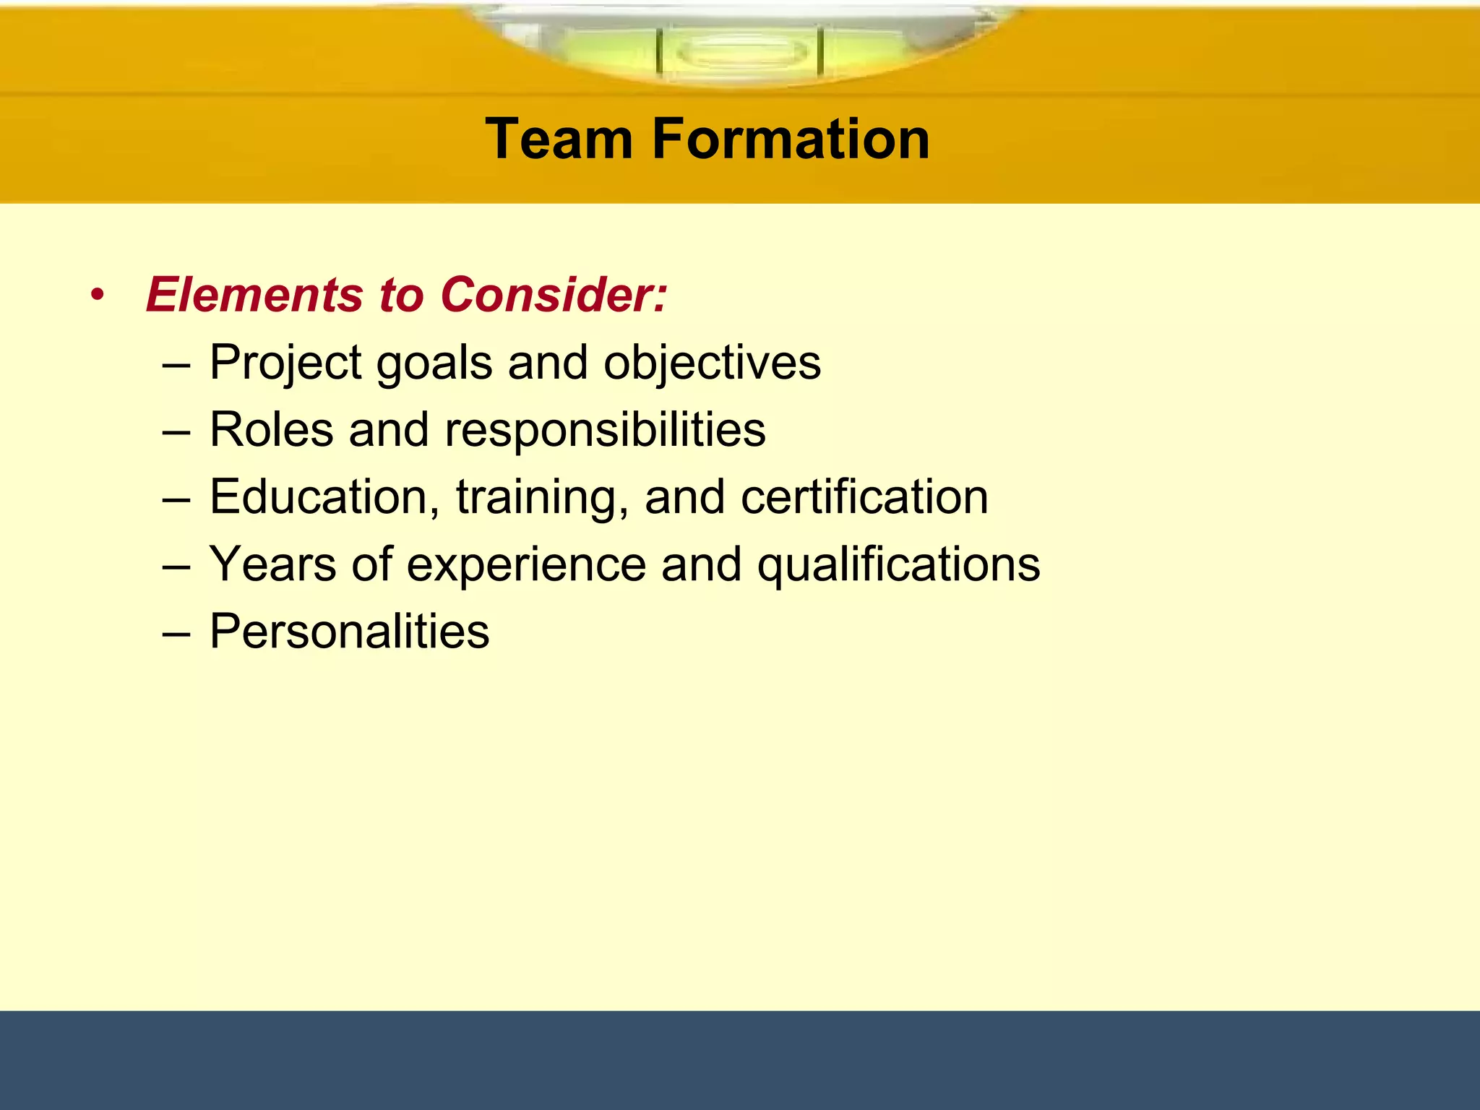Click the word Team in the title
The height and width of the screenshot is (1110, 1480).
coord(559,139)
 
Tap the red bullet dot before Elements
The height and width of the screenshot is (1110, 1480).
coord(98,296)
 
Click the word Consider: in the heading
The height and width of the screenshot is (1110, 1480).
coord(554,295)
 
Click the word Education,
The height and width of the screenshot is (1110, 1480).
coord(324,498)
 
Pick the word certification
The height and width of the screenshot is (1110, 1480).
coord(864,497)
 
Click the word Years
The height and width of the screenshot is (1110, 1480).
coord(272,564)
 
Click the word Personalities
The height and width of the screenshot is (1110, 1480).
coord(349,632)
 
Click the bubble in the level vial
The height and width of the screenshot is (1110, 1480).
coord(741,53)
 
